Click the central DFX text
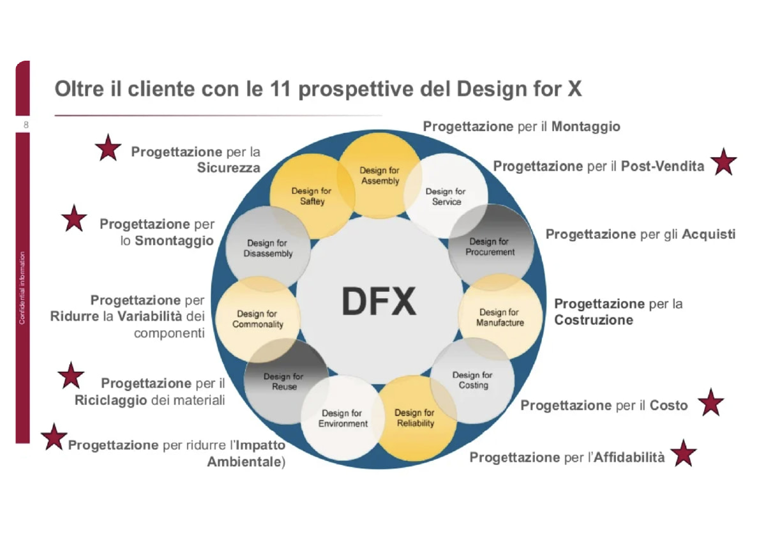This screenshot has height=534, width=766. coord(379,301)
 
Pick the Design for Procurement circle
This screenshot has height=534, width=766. coord(490,247)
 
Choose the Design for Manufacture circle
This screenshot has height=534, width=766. coord(500,317)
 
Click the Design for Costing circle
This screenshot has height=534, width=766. coord(473,380)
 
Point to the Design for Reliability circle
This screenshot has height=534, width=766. coord(415,418)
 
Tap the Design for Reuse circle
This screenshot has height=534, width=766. coord(285,381)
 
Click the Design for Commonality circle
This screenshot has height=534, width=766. coord(257,319)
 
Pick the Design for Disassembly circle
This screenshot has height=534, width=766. coord(268,248)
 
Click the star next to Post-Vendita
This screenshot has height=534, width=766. coord(723,162)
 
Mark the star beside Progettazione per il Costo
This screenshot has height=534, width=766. coord(710,403)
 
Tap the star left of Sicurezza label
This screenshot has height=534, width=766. coord(108,148)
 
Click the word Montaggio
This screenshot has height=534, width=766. coord(585,126)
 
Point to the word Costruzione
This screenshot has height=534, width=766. coord(594,319)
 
